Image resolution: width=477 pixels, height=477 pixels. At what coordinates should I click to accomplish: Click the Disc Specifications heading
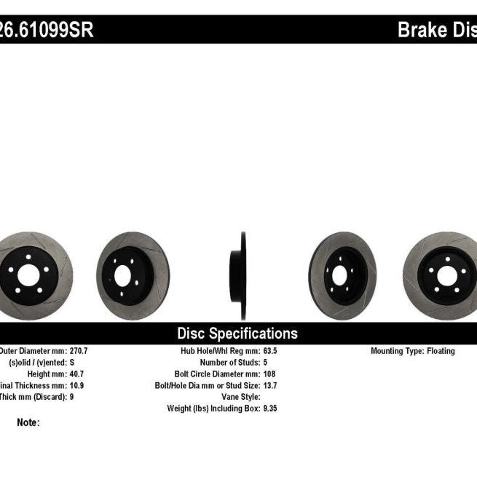point(237,334)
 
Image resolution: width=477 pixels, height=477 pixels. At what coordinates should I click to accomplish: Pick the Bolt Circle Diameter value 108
point(269,374)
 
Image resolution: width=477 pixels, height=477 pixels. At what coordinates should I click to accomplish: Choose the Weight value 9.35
point(271,409)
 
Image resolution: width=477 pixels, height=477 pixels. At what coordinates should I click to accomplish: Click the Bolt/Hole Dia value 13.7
point(271,385)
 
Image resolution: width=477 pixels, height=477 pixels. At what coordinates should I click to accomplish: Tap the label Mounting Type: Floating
point(412,351)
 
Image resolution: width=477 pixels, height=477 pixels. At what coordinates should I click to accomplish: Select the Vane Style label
point(240,397)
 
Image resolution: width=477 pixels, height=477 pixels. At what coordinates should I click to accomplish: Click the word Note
point(28,422)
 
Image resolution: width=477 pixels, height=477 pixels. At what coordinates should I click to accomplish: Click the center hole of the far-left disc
point(28,275)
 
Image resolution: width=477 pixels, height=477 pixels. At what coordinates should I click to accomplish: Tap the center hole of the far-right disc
point(446,275)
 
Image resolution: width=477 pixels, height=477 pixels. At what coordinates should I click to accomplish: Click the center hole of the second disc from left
point(124,275)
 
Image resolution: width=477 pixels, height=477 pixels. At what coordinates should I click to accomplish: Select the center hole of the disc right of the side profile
point(339,275)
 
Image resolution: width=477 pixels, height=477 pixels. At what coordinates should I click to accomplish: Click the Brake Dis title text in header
point(436,31)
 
